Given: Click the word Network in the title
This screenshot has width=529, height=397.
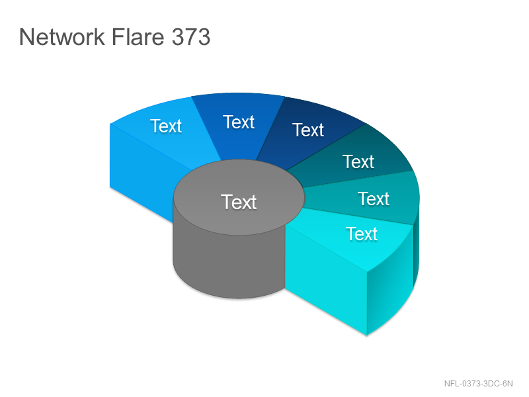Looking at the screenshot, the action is (62, 36).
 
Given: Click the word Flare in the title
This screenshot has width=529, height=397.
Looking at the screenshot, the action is (138, 36).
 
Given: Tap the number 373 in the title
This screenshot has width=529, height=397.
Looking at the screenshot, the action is (191, 36).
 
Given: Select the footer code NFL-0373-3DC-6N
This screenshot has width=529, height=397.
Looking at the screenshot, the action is (478, 384).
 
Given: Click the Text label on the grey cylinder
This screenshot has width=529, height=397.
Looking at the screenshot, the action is (239, 202).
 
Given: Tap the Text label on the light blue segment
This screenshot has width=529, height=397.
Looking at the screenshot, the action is (166, 126).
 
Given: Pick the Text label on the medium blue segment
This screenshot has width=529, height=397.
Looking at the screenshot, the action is (239, 122).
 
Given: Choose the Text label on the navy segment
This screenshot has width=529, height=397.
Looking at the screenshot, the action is (308, 130).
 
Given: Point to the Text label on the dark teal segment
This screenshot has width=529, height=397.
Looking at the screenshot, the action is (358, 161).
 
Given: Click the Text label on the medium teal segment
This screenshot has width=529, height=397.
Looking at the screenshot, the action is (374, 198).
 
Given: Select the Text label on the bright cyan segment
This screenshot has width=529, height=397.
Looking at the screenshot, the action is (362, 234).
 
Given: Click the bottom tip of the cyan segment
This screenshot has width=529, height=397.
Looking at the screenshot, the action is (367, 335).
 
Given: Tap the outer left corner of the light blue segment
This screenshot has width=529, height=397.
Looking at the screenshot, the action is (110, 124).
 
